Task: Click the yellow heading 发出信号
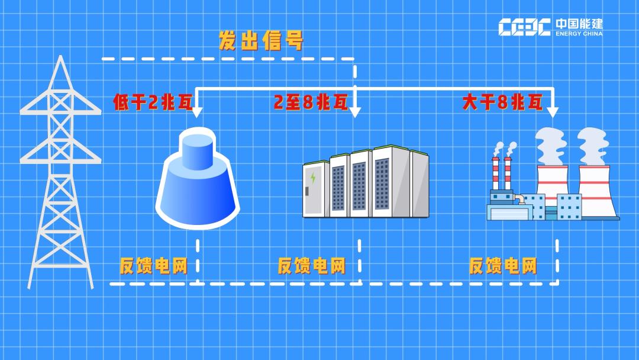pyautogui.click(x=261, y=41)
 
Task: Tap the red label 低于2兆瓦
pyautogui.click(x=153, y=102)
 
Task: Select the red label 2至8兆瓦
pyautogui.click(x=310, y=102)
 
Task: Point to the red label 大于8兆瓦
pyautogui.click(x=502, y=102)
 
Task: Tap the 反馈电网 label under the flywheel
pyautogui.click(x=153, y=266)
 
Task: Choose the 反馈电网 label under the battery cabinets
pyautogui.click(x=311, y=266)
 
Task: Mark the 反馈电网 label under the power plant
pyautogui.click(x=503, y=266)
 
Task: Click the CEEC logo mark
pyautogui.click(x=524, y=27)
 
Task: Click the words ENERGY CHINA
pyautogui.click(x=579, y=34)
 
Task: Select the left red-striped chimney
pyautogui.click(x=496, y=175)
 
